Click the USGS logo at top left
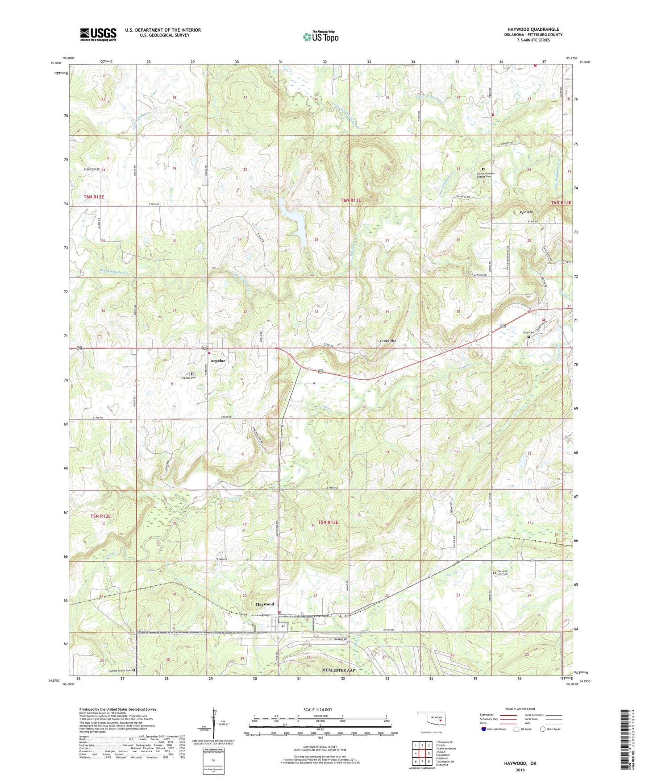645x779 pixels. point(98,34)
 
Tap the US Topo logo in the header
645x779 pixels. point(320,37)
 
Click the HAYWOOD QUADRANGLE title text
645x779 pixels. point(533,29)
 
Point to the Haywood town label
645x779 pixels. point(265,604)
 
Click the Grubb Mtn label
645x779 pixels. point(388,341)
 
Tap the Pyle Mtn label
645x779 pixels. point(526,212)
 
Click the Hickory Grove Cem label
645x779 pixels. point(120,671)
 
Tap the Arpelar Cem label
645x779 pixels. point(188,377)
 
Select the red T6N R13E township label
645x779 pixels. point(351,201)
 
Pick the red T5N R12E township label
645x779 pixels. point(100,516)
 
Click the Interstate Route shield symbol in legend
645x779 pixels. point(484,729)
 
